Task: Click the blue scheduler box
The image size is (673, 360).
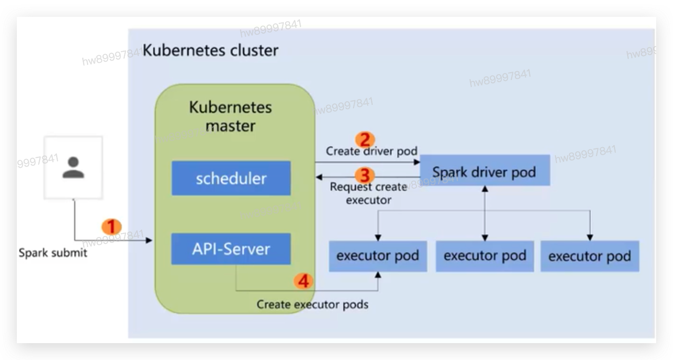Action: pyautogui.click(x=231, y=178)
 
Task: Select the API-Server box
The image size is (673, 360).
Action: pyautogui.click(x=231, y=249)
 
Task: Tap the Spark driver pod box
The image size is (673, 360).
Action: pyautogui.click(x=485, y=170)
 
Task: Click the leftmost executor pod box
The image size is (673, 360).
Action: pyautogui.click(x=377, y=256)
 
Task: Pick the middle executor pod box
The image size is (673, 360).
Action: pyautogui.click(x=485, y=256)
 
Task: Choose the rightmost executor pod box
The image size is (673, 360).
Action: pyautogui.click(x=590, y=256)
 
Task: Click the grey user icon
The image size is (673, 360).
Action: pyautogui.click(x=73, y=167)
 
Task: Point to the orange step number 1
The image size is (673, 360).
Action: pyautogui.click(x=111, y=227)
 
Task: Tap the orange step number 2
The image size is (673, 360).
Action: pyautogui.click(x=365, y=140)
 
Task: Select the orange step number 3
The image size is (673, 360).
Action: pyautogui.click(x=365, y=175)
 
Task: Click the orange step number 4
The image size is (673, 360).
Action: pyautogui.click(x=304, y=281)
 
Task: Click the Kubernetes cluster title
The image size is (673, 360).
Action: pyautogui.click(x=210, y=51)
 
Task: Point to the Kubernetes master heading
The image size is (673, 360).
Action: pyautogui.click(x=230, y=116)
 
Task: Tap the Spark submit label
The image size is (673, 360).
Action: pyautogui.click(x=53, y=253)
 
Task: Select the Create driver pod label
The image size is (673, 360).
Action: pyautogui.click(x=371, y=151)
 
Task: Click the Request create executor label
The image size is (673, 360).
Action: pyautogui.click(x=369, y=193)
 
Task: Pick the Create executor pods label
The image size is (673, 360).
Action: pyautogui.click(x=312, y=304)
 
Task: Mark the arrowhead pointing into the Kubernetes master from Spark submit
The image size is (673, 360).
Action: pyautogui.click(x=149, y=240)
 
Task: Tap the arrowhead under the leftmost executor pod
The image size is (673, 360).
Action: pyautogui.click(x=378, y=275)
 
